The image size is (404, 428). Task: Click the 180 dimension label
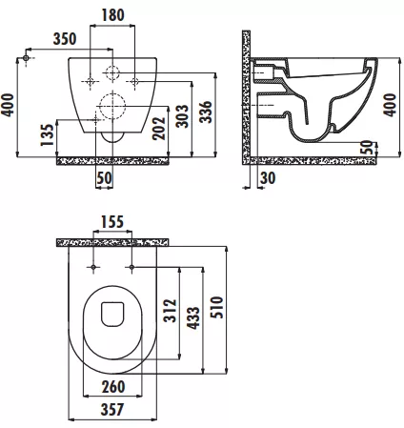pyautogui.click(x=112, y=15)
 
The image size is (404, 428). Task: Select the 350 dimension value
pyautogui.click(x=65, y=39)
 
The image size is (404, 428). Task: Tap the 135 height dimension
pyautogui.click(x=48, y=135)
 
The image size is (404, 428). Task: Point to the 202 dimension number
pyautogui.click(x=159, y=129)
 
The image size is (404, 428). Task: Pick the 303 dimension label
pyautogui.click(x=182, y=116)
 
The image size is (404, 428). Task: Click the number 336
pyautogui.click(x=206, y=112)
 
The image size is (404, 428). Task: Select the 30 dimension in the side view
pyautogui.click(x=268, y=178)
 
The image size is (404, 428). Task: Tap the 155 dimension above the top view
pyautogui.click(x=112, y=222)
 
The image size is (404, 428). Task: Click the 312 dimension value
pyautogui.click(x=170, y=311)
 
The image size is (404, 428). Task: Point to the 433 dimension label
pyautogui.click(x=193, y=317)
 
